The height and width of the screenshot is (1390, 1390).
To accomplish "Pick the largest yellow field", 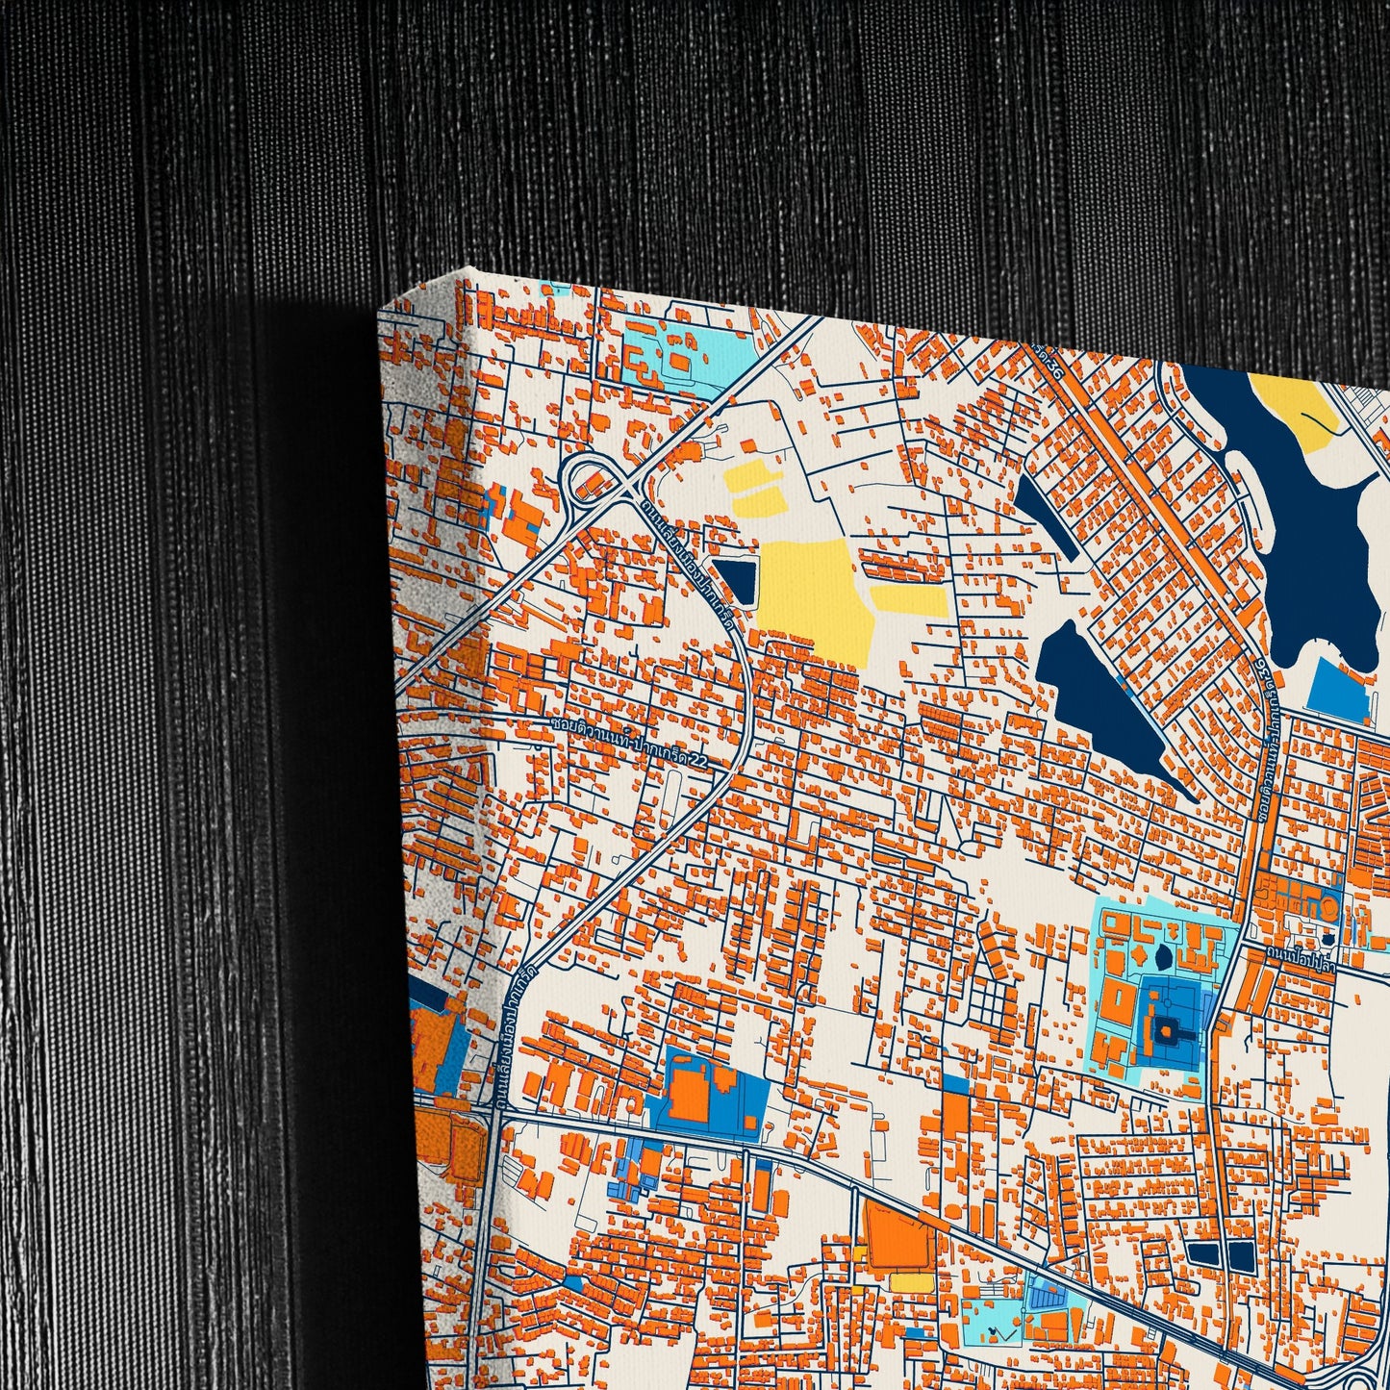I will point(814,596).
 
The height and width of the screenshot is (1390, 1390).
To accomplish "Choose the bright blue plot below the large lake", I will point(1340,689).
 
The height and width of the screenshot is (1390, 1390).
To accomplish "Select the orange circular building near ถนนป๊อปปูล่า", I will point(1327,906).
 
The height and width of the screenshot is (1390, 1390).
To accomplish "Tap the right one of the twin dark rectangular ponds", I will point(1240,1253).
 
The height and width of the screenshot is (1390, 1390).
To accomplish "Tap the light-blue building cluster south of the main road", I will point(630,1168).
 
